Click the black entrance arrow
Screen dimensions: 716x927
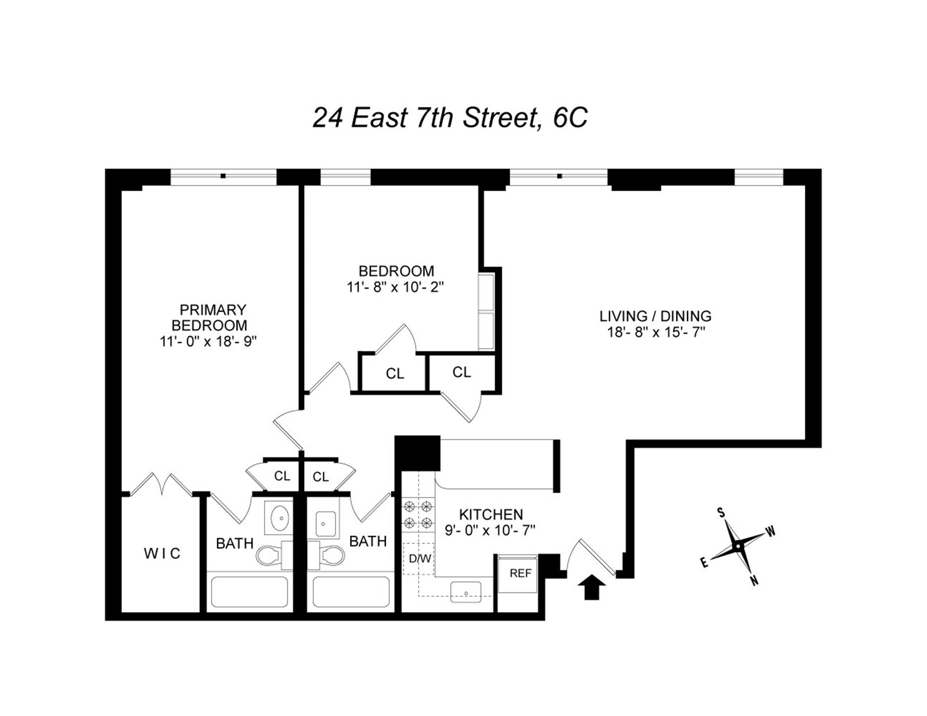click(x=592, y=589)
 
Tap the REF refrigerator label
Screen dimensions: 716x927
click(x=520, y=573)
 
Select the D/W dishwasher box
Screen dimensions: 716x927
click(x=420, y=559)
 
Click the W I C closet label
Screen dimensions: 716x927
click(x=162, y=553)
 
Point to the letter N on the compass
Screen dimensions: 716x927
click(x=754, y=580)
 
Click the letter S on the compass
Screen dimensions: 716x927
click(x=721, y=512)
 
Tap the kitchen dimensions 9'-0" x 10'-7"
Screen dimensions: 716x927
click(x=490, y=531)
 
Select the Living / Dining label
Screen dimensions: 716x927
click(x=655, y=317)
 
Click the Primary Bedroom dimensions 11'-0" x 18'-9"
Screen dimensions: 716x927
click(x=208, y=342)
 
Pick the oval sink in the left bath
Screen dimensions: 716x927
click(x=280, y=519)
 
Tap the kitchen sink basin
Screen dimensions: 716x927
click(x=466, y=592)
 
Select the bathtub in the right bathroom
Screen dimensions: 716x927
click(x=351, y=592)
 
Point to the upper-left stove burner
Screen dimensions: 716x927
click(x=410, y=506)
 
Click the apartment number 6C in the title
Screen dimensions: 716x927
click(x=570, y=118)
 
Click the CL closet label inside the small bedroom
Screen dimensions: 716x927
click(x=395, y=374)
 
